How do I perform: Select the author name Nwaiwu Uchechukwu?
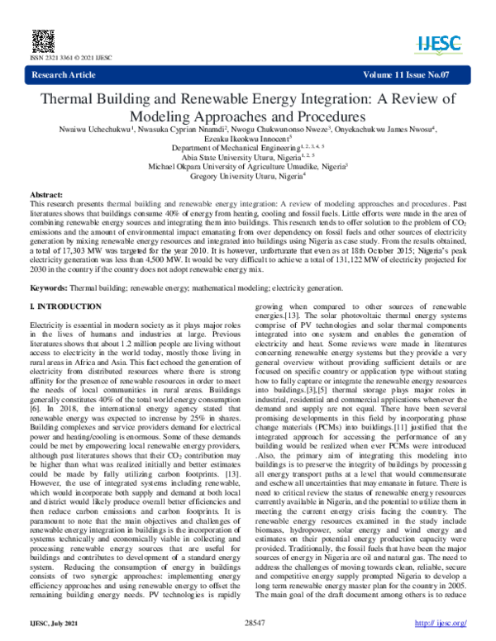click(x=88, y=130)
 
